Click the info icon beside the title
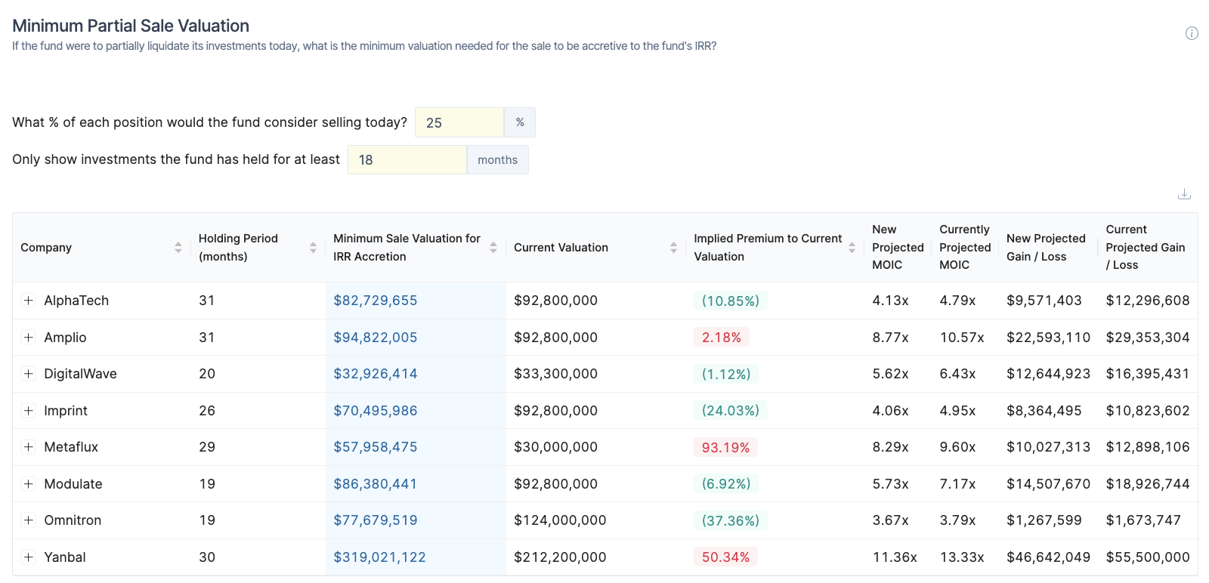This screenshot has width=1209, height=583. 1192,33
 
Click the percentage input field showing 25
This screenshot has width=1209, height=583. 459,122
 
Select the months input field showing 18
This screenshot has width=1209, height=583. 407,160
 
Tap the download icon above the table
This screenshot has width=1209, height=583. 1184,194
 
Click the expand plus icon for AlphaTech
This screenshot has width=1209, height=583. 29,301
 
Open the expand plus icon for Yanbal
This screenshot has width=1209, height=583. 29,557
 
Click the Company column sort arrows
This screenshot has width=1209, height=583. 178,248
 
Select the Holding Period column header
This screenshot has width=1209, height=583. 238,248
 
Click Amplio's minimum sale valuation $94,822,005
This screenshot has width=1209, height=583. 376,338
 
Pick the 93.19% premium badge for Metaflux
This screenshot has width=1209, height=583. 725,447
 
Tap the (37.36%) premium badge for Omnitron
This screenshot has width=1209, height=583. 730,520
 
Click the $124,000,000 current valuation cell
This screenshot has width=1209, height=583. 560,520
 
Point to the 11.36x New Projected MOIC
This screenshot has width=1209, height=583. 895,557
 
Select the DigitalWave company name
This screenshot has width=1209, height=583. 80,374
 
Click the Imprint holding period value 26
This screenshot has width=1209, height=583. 207,411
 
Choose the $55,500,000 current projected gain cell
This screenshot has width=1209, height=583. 1147,557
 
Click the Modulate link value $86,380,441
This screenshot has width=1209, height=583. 376,484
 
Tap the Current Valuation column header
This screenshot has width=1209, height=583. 561,248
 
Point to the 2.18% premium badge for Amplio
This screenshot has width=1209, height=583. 721,338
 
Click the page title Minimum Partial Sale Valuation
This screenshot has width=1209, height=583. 131,26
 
